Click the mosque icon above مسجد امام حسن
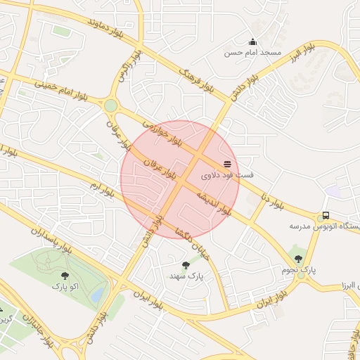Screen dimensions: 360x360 [x=253, y=41]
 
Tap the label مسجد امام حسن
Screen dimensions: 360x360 [x=252, y=53]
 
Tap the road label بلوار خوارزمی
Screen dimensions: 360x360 [x=162, y=132]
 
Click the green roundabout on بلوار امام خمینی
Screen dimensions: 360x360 [x=110, y=105]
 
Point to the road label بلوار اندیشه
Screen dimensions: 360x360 [x=213, y=200]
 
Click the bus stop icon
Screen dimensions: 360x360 [x=325, y=215]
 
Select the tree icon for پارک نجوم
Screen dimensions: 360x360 [x=301, y=259]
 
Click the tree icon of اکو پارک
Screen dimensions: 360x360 [x=65, y=276]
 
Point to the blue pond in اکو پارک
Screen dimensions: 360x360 [x=99, y=292]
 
